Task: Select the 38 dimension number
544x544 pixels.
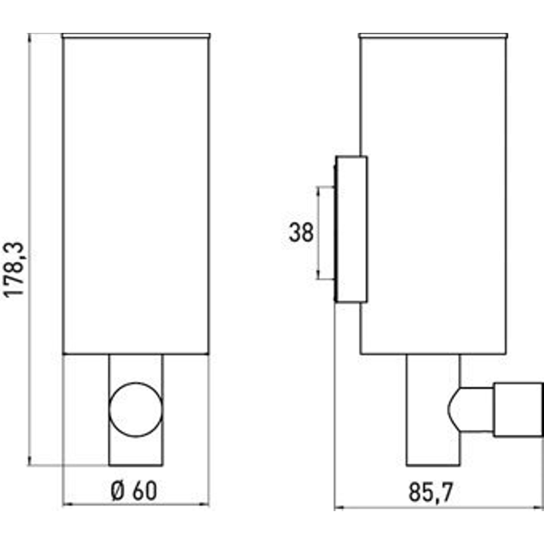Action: pos(301,232)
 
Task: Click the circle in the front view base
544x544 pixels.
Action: pos(136,410)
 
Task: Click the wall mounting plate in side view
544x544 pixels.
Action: pos(351,229)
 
